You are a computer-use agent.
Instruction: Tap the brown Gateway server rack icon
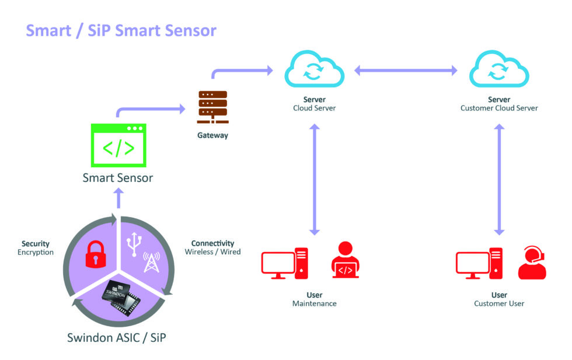(x=212, y=107)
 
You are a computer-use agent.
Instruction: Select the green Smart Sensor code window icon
(x=118, y=145)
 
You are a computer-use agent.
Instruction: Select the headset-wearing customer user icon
(x=532, y=263)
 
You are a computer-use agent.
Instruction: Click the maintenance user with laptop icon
(x=346, y=260)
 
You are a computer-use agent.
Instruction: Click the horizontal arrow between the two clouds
(x=406, y=71)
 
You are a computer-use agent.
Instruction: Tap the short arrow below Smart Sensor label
(x=118, y=198)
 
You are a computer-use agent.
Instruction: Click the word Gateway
(x=212, y=135)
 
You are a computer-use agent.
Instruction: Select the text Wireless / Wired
(x=212, y=252)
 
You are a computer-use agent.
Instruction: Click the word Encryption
(x=36, y=253)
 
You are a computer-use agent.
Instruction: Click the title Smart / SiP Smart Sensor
(x=121, y=30)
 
